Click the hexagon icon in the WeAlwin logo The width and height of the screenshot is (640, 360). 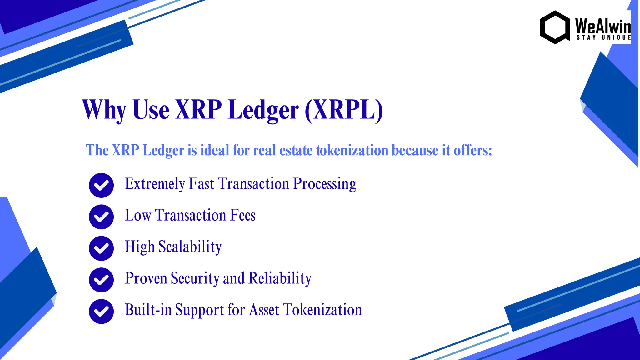click(555, 27)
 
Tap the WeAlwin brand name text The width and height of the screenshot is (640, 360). click(603, 26)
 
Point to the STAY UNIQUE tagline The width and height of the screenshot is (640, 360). click(603, 38)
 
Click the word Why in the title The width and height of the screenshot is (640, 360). click(104, 110)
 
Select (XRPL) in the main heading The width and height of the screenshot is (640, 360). click(344, 110)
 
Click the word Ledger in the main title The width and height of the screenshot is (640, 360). click(263, 110)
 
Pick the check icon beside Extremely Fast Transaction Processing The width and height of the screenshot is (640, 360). click(101, 185)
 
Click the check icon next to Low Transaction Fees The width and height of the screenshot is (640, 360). click(101, 217)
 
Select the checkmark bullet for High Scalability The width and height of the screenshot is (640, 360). click(101, 248)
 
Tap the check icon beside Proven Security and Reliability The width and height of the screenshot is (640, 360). click(101, 280)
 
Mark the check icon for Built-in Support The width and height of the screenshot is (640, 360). click(101, 312)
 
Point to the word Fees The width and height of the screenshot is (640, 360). click(243, 215)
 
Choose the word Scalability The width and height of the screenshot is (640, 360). click(190, 247)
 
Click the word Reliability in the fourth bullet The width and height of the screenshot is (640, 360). click(280, 278)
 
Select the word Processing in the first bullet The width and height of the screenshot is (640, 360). click(325, 184)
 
